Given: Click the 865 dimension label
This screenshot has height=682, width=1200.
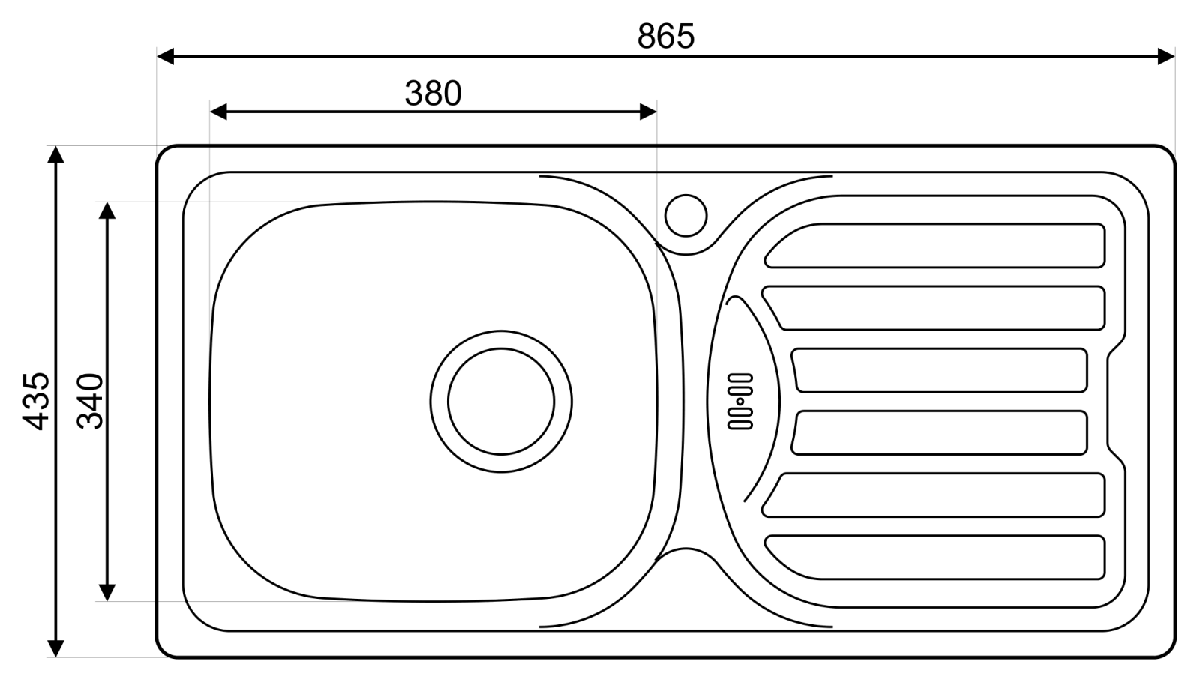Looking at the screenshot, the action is click(666, 37).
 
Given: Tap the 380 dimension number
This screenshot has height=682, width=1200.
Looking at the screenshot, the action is click(433, 93).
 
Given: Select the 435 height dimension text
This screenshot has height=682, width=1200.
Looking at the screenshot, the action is click(37, 402).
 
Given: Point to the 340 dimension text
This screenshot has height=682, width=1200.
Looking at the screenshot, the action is click(90, 402).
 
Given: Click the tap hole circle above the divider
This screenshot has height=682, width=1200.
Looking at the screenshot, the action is click(685, 216).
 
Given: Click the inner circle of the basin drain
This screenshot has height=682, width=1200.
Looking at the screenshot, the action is click(501, 348).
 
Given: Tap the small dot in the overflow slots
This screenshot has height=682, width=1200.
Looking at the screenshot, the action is click(739, 401).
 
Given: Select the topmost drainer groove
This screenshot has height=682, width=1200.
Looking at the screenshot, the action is click(934, 246).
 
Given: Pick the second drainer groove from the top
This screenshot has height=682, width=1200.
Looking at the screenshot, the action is click(933, 308).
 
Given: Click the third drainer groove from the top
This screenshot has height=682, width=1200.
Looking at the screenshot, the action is click(939, 370).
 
